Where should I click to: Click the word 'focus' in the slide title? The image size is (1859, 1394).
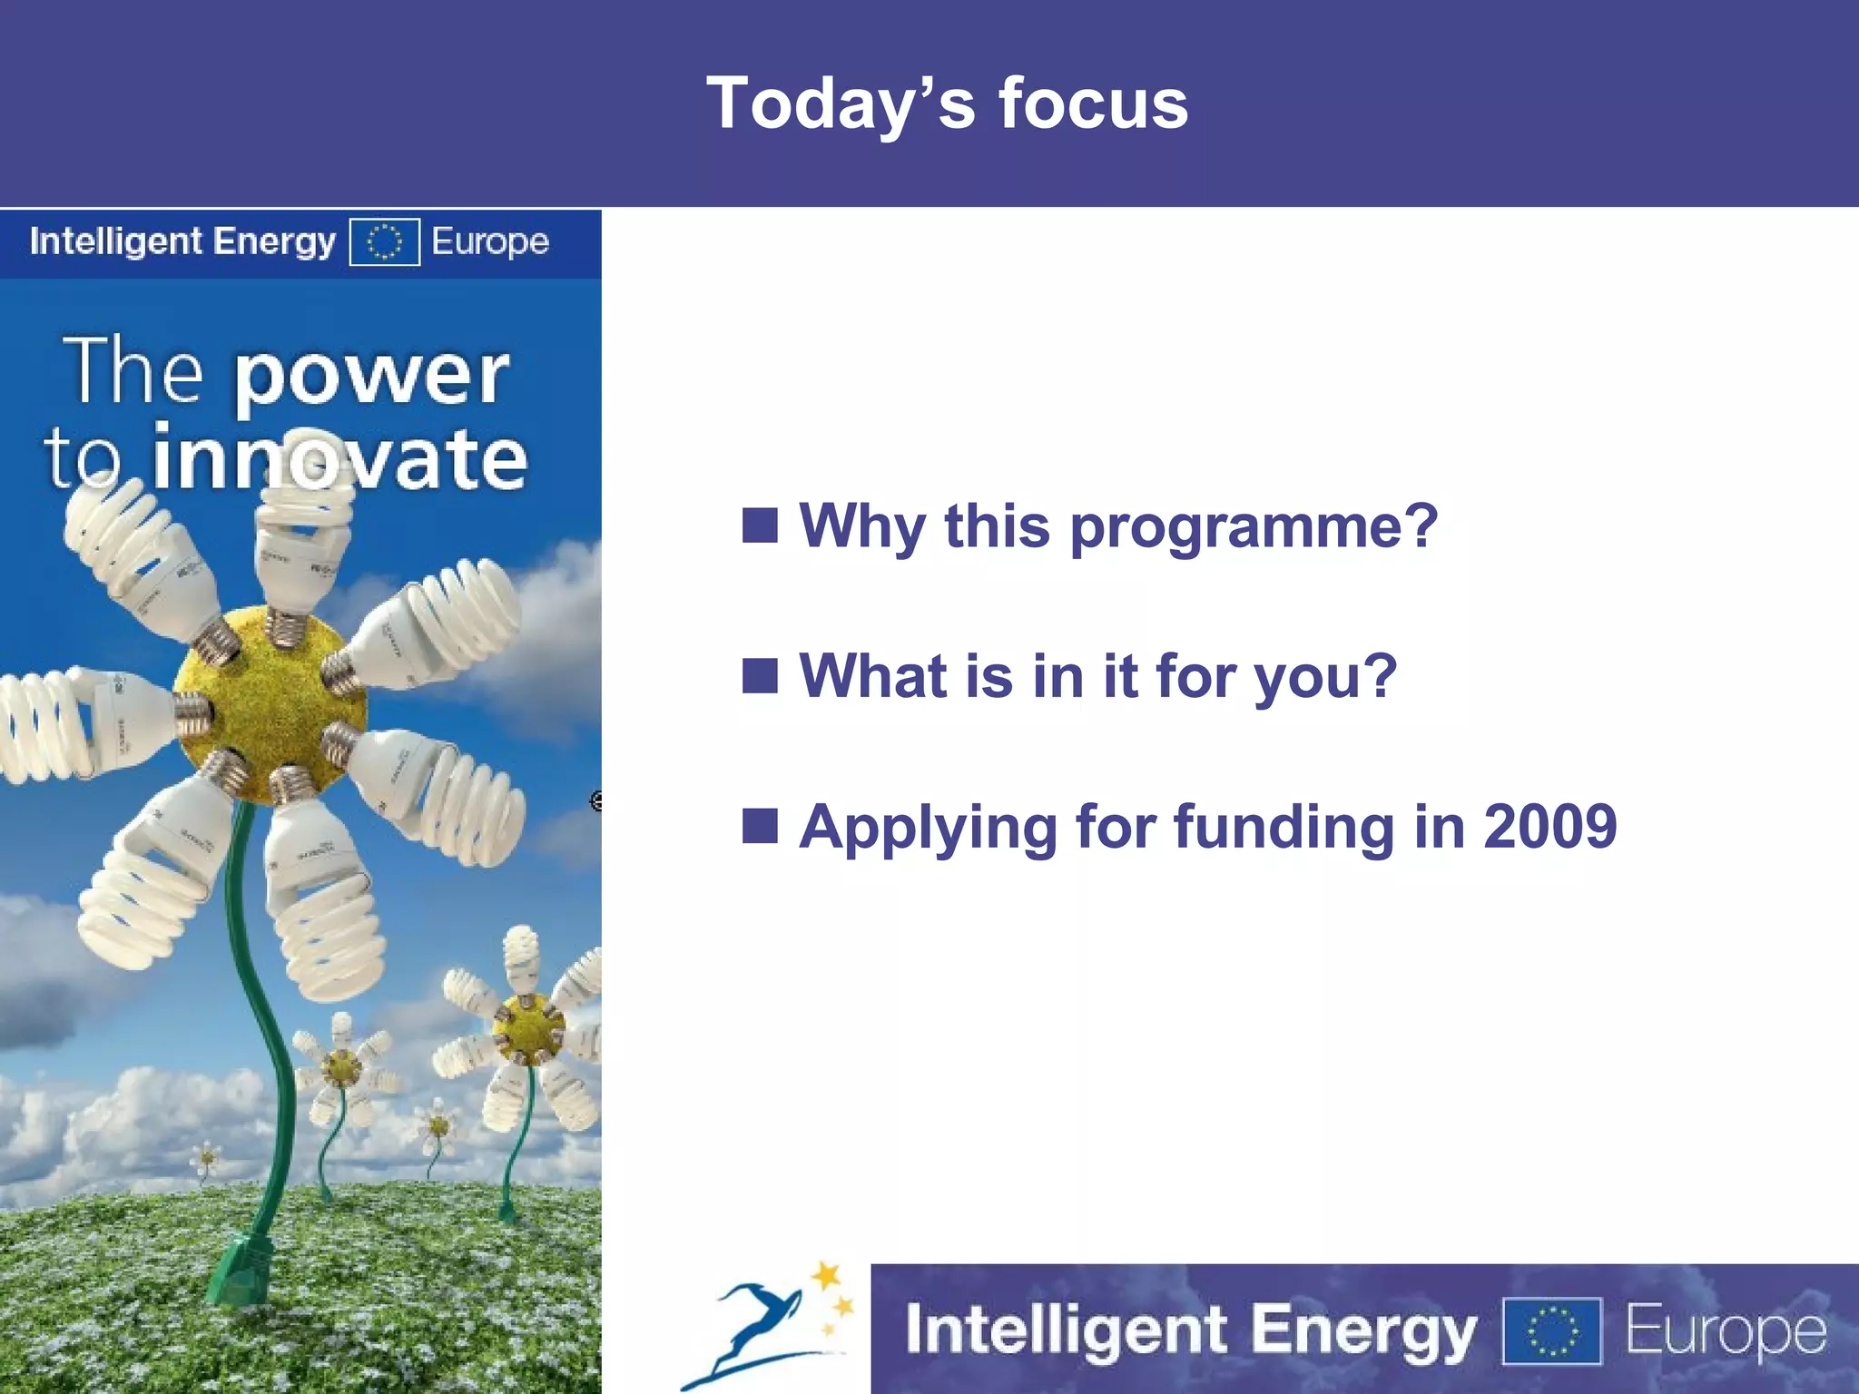tap(1093, 103)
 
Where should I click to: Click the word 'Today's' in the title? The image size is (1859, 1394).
tap(841, 103)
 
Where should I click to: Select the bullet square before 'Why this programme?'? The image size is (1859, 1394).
tap(760, 525)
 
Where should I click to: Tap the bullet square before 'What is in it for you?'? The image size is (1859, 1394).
tap(760, 675)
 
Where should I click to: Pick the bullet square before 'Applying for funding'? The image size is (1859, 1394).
tap(760, 826)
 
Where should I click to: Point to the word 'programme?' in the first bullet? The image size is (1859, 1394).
tap(1254, 528)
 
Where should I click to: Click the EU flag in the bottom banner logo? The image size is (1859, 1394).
tap(1551, 1330)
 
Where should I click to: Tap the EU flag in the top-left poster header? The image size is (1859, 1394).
tap(384, 241)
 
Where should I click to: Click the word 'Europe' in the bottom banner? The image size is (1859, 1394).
tap(1725, 1330)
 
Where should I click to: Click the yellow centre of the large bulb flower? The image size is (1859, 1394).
tap(270, 703)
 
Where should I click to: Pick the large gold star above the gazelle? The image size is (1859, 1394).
tap(826, 1276)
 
